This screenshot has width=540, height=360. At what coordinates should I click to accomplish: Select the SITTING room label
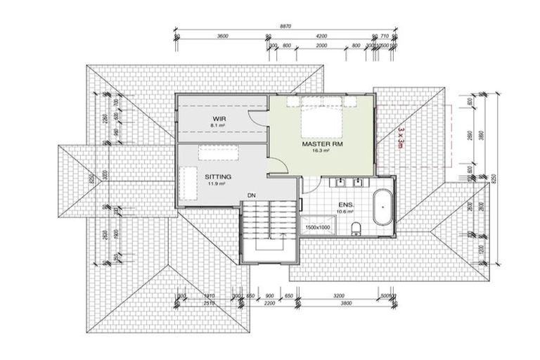[x=218, y=177]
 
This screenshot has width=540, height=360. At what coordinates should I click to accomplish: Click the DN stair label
[x=251, y=195]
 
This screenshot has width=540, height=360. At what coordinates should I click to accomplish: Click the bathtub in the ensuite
[x=384, y=207]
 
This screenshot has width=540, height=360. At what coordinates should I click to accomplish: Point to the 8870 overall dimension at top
[x=285, y=25]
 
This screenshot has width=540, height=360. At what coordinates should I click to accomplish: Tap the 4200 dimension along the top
[x=321, y=35]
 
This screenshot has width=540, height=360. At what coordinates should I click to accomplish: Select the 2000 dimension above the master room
[x=321, y=45]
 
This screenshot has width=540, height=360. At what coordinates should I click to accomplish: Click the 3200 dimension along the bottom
[x=340, y=296]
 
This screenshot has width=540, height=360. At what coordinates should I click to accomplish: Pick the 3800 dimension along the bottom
[x=345, y=304]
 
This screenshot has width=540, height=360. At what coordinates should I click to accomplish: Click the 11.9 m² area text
[x=217, y=184]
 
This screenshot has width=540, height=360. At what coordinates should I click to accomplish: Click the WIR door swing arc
[x=261, y=116]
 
